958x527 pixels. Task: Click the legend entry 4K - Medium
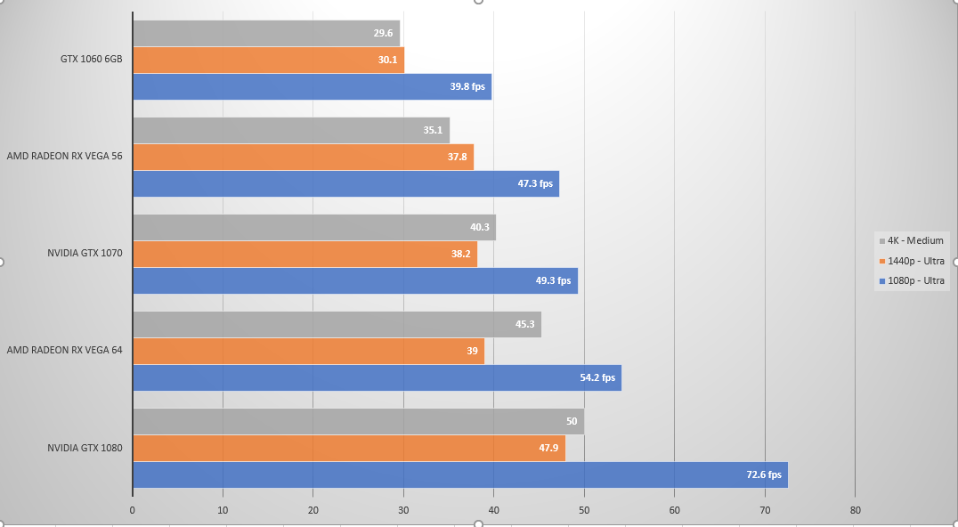913,240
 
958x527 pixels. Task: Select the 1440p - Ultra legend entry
913,261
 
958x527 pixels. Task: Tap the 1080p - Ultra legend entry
913,281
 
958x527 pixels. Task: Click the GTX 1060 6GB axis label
91,60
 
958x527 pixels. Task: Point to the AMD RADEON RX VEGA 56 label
64,156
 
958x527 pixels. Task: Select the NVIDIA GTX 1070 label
85,253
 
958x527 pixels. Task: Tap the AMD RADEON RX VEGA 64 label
64,350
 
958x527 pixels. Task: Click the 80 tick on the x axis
855,510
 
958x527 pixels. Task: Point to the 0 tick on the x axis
133,510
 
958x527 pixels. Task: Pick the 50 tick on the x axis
584,510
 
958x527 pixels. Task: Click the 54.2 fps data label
597,377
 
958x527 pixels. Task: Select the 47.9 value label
548,449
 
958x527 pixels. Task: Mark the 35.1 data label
434,130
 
